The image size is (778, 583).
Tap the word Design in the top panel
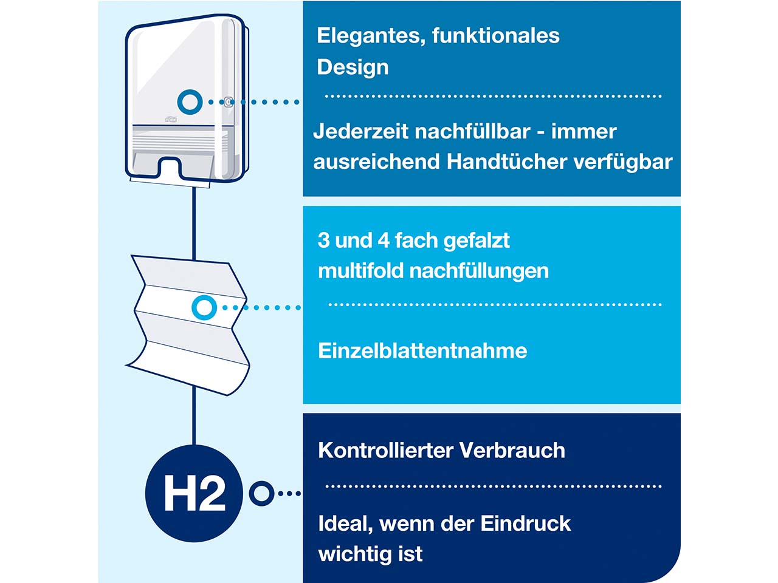click(353, 67)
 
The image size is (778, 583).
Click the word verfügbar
click(623, 163)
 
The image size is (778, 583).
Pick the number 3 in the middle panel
click(323, 240)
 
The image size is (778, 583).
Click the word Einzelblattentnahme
click(422, 350)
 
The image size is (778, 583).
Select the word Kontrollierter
click(385, 450)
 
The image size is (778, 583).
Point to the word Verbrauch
click(512, 450)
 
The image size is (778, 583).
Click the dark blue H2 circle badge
click(194, 494)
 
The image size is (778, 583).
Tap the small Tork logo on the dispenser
click(171, 119)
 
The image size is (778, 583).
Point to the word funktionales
click(496, 36)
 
